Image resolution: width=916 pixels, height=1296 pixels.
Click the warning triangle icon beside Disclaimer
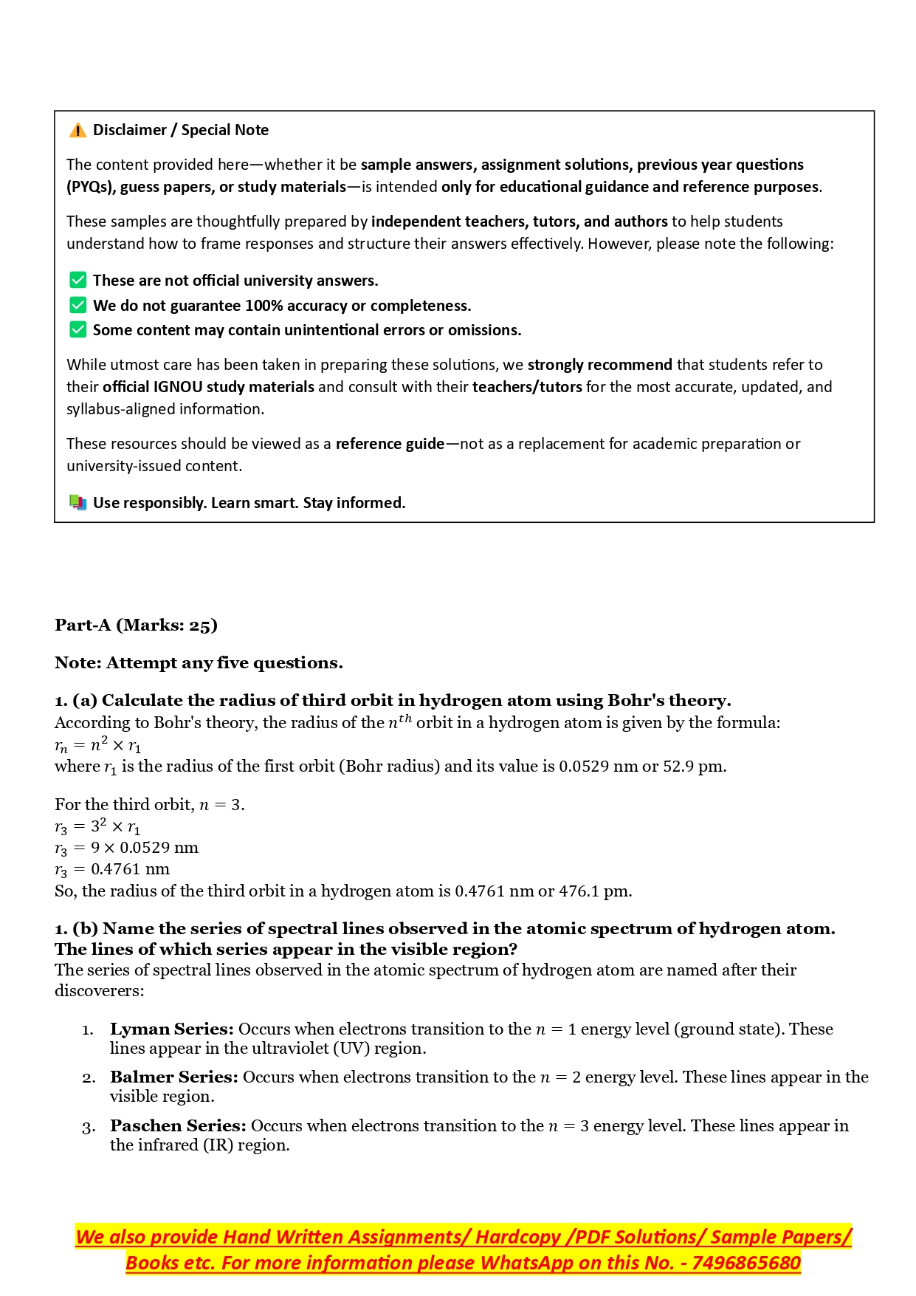coord(78,131)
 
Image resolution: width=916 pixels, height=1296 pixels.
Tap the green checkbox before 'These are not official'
coord(78,281)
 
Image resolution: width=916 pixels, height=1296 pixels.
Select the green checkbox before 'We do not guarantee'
coord(78,306)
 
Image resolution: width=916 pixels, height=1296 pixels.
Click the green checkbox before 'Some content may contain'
coord(78,330)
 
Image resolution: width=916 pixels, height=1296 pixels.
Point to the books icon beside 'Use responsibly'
coord(78,503)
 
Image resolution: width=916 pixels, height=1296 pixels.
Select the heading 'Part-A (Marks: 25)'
coord(136,625)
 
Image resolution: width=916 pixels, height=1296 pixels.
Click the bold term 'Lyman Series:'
coord(171,1029)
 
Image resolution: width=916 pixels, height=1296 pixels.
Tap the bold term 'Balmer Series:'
coord(173,1077)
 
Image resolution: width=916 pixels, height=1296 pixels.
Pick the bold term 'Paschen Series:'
coord(178,1126)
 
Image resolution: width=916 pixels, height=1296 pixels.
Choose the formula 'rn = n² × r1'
coord(97,745)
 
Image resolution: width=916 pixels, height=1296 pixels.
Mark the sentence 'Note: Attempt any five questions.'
coord(199,663)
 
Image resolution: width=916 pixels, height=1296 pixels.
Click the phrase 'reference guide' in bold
coord(390,444)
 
